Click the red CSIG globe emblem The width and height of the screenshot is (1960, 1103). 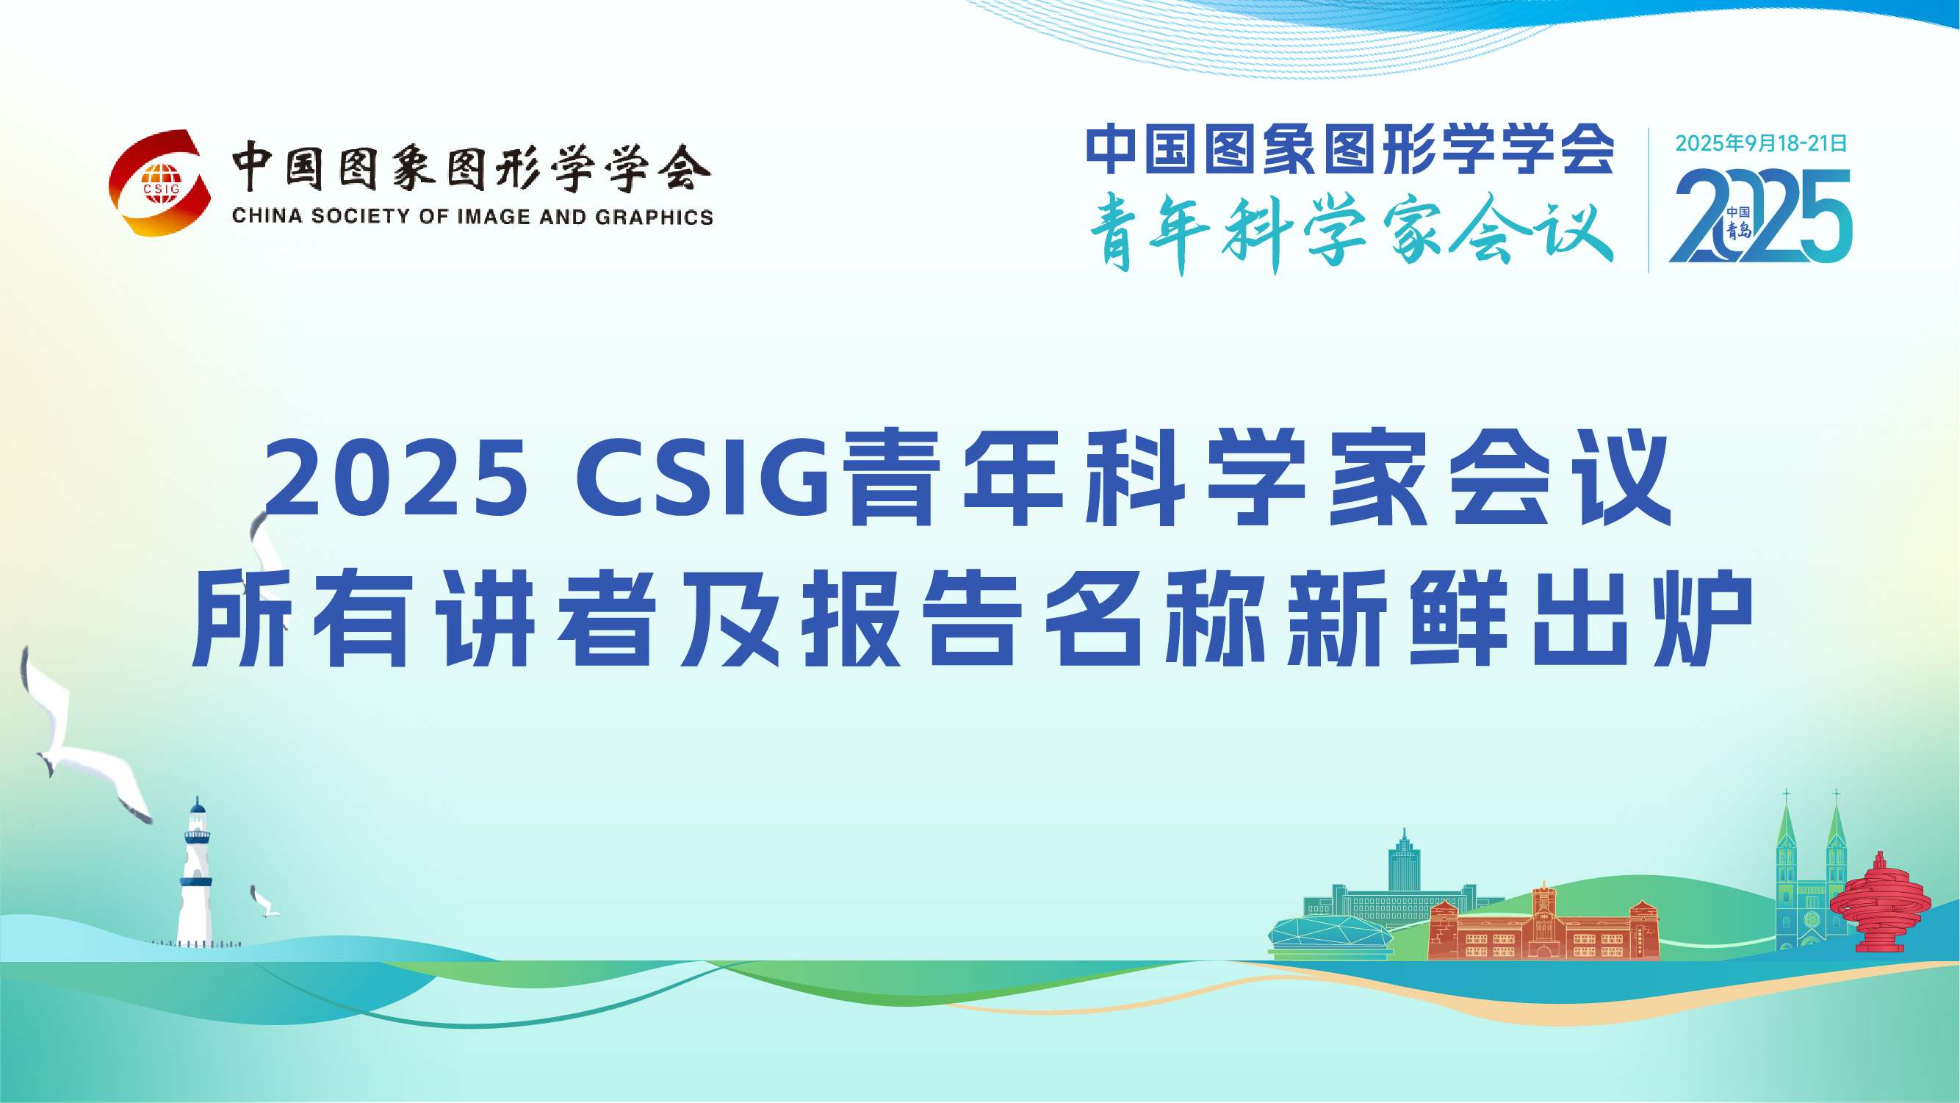[161, 183]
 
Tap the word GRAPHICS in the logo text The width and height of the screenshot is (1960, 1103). [655, 217]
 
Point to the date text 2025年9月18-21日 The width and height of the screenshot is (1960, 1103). [1761, 143]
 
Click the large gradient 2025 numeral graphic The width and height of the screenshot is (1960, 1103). [1761, 215]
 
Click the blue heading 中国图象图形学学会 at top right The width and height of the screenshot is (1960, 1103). [1350, 149]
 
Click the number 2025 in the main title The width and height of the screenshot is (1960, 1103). [395, 478]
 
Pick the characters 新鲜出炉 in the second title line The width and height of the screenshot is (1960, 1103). [1521, 619]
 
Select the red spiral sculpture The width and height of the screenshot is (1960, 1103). [1879, 904]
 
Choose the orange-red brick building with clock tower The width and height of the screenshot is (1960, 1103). [1543, 924]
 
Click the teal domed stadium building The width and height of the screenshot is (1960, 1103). [1330, 935]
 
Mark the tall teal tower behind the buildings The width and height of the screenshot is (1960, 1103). [1404, 861]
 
